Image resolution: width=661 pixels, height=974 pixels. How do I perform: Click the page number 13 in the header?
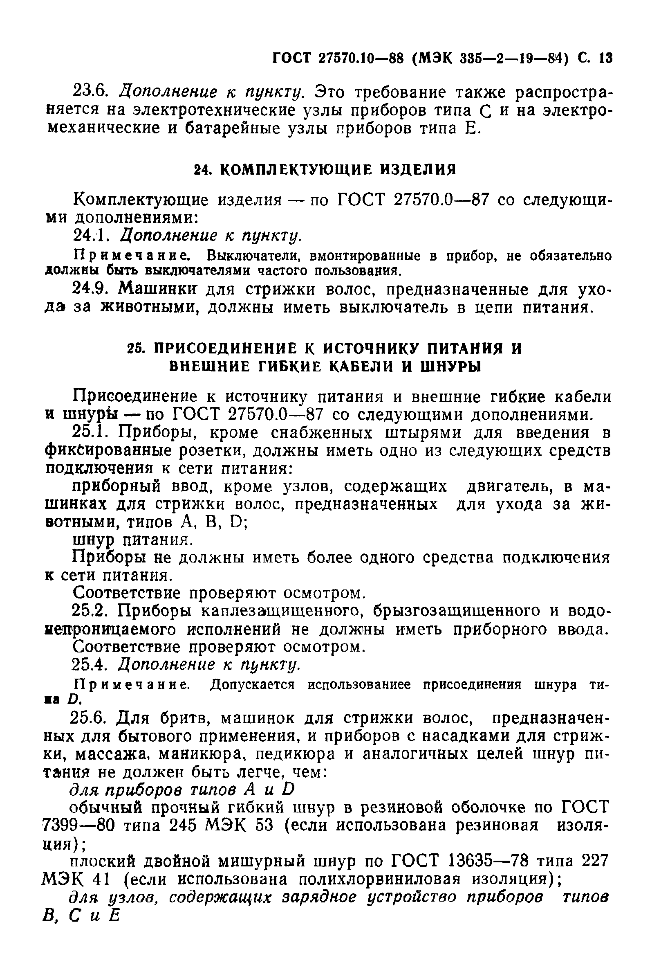[606, 58]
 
